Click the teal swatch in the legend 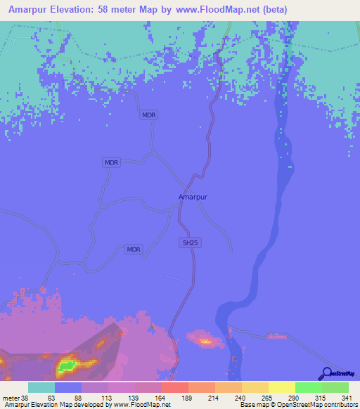(x=41, y=388)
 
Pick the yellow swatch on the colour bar (x=281, y=388)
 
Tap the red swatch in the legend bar (x=174, y=388)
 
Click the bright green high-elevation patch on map (x=68, y=365)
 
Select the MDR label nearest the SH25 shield (x=134, y=249)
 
